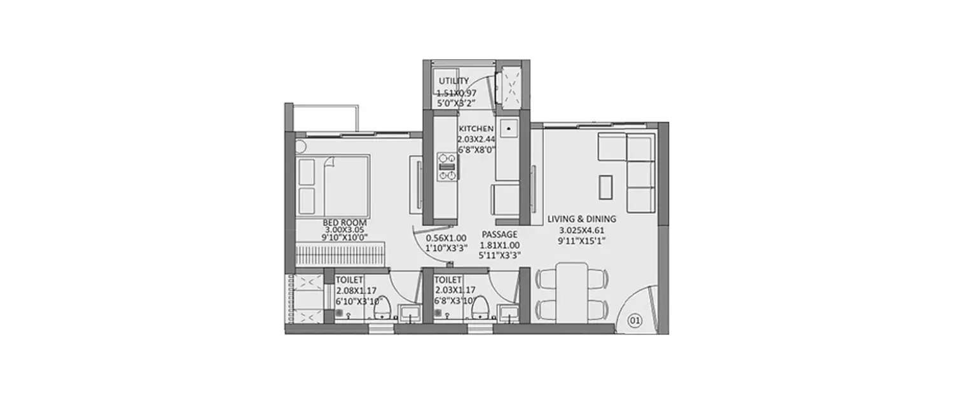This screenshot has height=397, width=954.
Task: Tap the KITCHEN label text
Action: click(476, 128)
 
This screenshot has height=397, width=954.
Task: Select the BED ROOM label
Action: click(345, 222)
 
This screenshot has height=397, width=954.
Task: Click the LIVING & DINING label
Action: click(582, 219)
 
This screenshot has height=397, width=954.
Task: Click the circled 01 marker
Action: click(634, 321)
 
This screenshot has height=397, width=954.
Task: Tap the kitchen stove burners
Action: click(446, 166)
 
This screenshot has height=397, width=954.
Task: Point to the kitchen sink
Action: click(509, 130)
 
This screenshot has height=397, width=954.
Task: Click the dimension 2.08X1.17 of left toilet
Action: click(357, 290)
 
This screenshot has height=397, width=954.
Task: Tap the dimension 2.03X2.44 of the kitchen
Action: click(476, 140)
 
